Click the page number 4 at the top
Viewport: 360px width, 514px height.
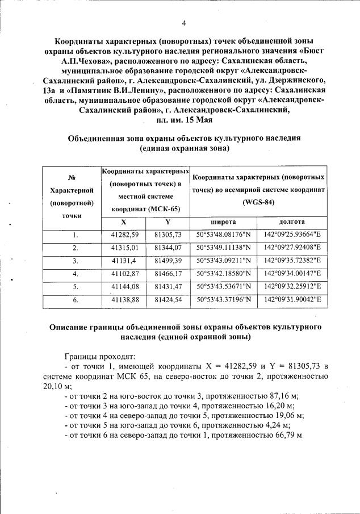click(183, 23)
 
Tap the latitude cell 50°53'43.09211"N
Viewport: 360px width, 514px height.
click(223, 261)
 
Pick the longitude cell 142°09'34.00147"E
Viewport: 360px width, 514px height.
click(292, 274)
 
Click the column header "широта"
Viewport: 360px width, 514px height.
click(223, 222)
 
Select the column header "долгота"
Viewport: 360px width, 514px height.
click(292, 222)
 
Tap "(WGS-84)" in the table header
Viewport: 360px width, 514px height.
click(258, 202)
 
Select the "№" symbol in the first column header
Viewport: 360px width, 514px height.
click(72, 177)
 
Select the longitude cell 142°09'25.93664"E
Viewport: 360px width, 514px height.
click(292, 235)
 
